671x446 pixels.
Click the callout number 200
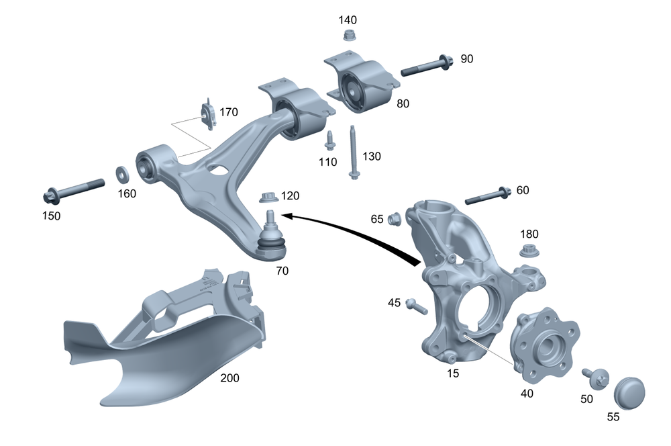click(229, 378)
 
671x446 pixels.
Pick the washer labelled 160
click(123, 174)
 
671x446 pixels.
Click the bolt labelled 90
click(427, 66)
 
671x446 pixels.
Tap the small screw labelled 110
click(329, 140)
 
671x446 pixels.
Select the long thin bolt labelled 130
click(352, 152)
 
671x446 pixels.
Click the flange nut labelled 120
click(268, 197)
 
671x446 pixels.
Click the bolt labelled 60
click(488, 195)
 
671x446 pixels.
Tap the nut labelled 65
click(395, 218)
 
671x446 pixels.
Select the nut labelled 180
click(529, 252)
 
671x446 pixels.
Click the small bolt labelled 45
click(415, 306)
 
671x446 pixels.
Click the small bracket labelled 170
click(209, 115)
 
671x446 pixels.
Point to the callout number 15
click(454, 373)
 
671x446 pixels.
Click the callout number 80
click(403, 103)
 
